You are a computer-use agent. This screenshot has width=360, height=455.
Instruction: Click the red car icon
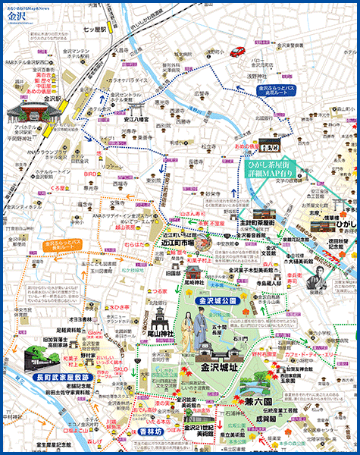click(237, 52)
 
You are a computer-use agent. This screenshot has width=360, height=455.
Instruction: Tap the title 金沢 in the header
click(17, 16)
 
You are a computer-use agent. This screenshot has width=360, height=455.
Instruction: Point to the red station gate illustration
click(27, 113)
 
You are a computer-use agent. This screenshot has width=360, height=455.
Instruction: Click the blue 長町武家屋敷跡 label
click(62, 376)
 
